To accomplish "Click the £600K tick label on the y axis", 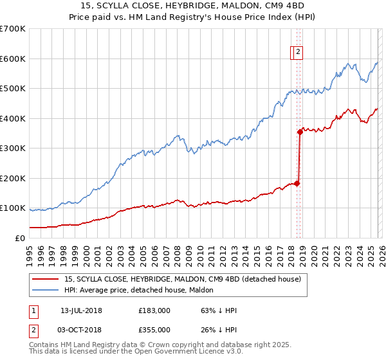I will coord(13,59).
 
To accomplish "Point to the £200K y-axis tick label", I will coord(13,178).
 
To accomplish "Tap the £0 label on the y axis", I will coord(20,238).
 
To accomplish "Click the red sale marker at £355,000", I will coord(300,132).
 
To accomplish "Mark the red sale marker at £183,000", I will coord(297,183).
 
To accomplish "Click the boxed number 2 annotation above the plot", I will coord(299,53).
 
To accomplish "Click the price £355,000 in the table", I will coord(154,329).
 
